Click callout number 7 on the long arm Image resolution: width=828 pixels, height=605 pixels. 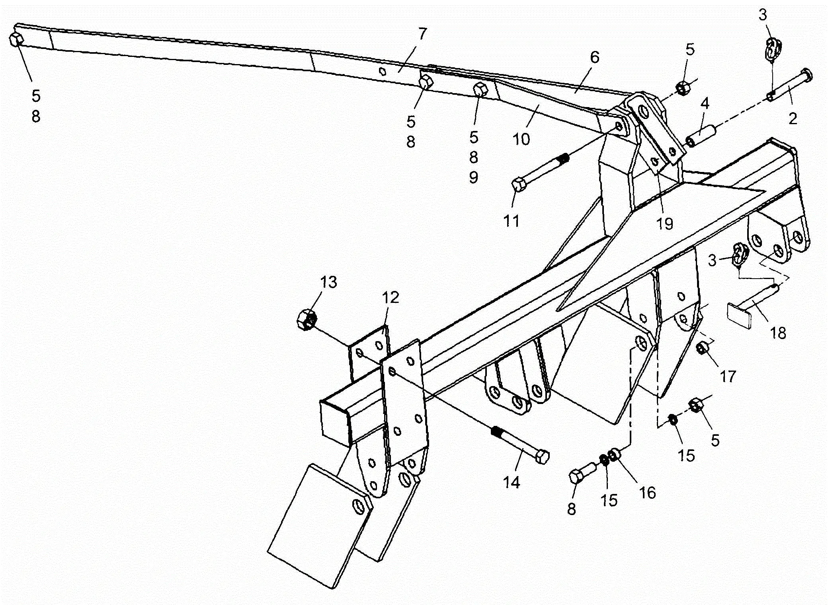click(422, 34)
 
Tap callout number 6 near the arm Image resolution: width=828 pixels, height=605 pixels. click(594, 57)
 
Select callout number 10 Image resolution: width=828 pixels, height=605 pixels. click(521, 139)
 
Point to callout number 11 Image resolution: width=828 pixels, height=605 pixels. click(512, 221)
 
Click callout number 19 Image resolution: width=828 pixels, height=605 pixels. click(664, 224)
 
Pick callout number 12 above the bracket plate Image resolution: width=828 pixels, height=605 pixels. click(391, 297)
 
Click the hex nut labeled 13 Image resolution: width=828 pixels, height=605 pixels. click(307, 319)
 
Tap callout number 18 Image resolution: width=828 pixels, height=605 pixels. click(778, 333)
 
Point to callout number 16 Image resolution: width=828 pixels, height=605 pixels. click(647, 492)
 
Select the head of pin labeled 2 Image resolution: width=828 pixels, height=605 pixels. click(807, 74)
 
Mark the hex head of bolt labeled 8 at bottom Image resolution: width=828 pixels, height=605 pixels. click(576, 476)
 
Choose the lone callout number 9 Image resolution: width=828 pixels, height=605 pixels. click(473, 178)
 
